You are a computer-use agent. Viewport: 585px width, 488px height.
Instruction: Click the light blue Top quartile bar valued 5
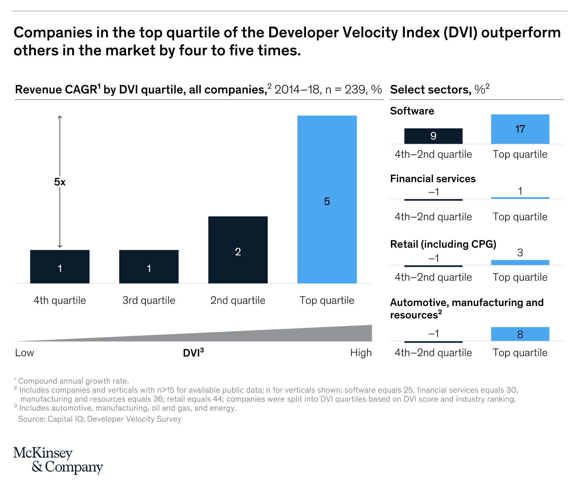coord(327,199)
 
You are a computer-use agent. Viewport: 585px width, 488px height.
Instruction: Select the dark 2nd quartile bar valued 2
coord(238,250)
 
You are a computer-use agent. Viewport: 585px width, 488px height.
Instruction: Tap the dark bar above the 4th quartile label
coord(60,266)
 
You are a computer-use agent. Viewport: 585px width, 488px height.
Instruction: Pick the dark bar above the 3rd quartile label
coord(149,266)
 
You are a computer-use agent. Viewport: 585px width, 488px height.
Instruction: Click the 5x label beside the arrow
coord(60,182)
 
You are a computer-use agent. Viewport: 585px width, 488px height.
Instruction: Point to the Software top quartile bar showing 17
coord(520,129)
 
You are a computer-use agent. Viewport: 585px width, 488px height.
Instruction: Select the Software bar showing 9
coord(433,136)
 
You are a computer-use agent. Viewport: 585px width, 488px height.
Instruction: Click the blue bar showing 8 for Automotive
coord(520,334)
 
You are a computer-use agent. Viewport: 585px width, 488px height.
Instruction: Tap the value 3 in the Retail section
coord(520,253)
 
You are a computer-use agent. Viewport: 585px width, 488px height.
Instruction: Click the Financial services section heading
coord(433,178)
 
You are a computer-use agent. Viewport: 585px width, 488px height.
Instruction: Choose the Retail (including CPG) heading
coord(443,244)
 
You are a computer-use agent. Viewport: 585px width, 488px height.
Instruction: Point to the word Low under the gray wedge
coord(25,353)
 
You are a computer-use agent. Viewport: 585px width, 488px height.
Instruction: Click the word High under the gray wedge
coord(361,353)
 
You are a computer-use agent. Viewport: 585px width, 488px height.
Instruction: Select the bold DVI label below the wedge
coord(193,353)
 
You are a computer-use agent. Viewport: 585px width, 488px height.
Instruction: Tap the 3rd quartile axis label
coord(149,300)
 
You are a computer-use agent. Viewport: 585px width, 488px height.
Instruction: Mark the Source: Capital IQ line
coord(99,419)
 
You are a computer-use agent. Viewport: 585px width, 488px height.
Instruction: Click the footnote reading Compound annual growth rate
coord(73,381)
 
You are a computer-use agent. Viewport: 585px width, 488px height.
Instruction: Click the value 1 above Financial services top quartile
coord(520,191)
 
